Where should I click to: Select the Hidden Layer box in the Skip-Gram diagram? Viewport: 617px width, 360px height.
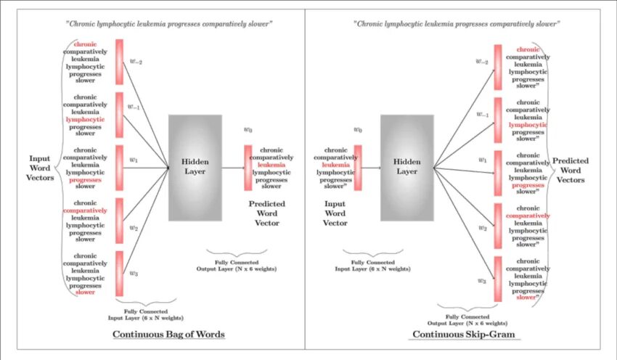(x=407, y=167)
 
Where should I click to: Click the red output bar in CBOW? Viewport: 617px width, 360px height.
(x=248, y=167)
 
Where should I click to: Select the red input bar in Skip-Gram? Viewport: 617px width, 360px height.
(x=358, y=167)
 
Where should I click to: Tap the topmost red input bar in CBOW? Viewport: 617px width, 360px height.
(x=119, y=62)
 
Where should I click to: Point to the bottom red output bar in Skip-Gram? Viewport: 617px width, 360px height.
(x=498, y=279)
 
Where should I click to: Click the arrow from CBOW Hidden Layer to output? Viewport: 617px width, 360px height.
(x=232, y=168)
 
